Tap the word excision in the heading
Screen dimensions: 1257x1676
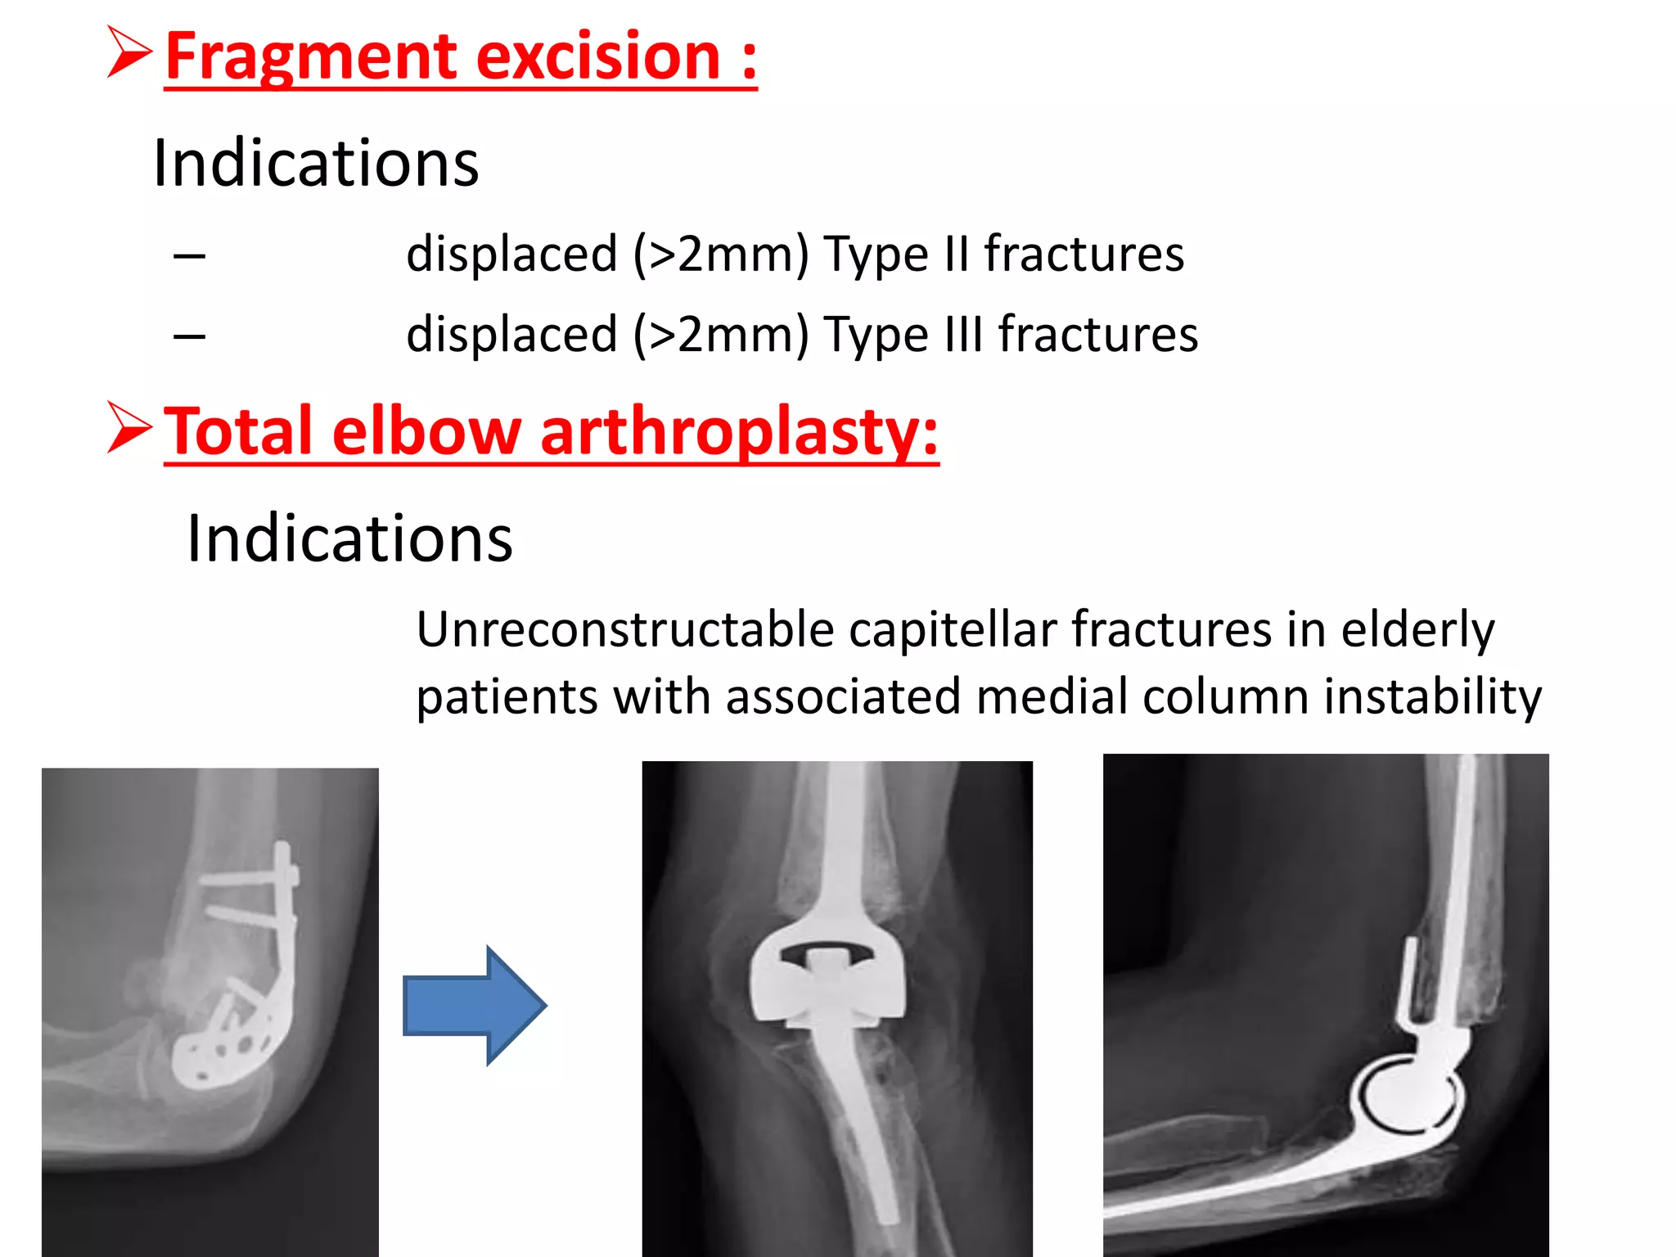click(598, 57)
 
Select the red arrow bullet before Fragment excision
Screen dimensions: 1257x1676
click(129, 52)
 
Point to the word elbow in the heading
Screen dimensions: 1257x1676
click(426, 431)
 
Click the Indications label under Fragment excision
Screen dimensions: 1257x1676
click(316, 164)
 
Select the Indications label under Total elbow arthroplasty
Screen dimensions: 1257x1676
click(349, 538)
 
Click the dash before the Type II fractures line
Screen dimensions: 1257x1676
click(189, 256)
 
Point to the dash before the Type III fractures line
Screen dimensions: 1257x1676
click(189, 336)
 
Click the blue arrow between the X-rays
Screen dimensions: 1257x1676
click(475, 1005)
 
